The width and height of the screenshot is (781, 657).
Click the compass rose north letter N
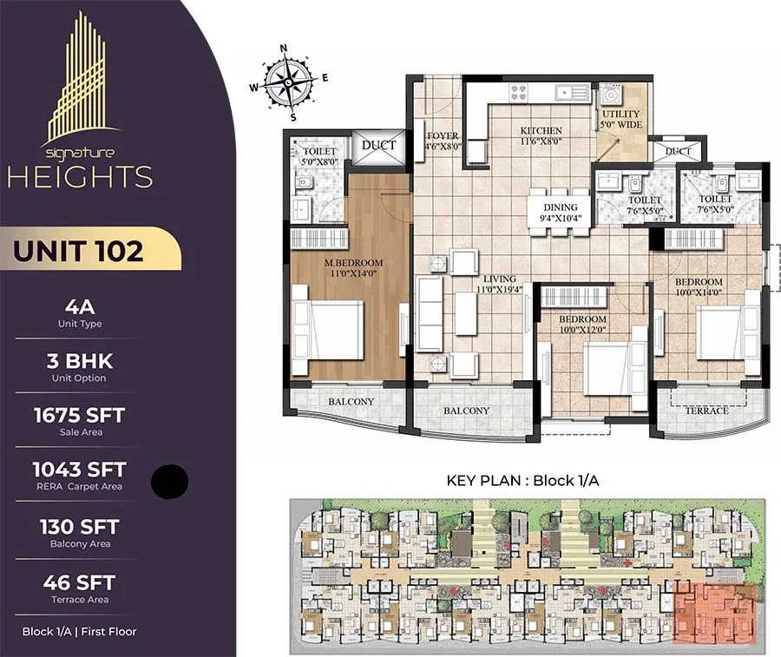tap(284, 49)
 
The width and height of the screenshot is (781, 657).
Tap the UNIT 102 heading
tap(78, 251)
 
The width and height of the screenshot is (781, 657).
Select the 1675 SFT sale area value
tap(79, 416)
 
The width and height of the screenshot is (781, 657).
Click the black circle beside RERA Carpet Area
tap(169, 481)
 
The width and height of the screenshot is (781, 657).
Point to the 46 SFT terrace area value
tap(79, 582)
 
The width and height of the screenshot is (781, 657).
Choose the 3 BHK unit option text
tap(80, 361)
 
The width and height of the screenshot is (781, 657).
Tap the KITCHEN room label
tap(541, 130)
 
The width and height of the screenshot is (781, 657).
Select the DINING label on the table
tap(561, 207)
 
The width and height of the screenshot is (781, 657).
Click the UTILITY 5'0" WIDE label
tap(620, 119)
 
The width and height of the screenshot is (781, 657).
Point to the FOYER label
tap(443, 135)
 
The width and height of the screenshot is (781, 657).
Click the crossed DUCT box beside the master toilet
tap(378, 146)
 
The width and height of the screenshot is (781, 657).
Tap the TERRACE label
tap(706, 411)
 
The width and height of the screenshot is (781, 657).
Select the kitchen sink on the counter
tap(573, 92)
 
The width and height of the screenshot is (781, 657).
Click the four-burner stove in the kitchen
tap(518, 93)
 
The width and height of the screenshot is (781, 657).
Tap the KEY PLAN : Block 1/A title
tap(522, 481)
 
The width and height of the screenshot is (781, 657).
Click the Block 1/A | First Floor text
tap(79, 632)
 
